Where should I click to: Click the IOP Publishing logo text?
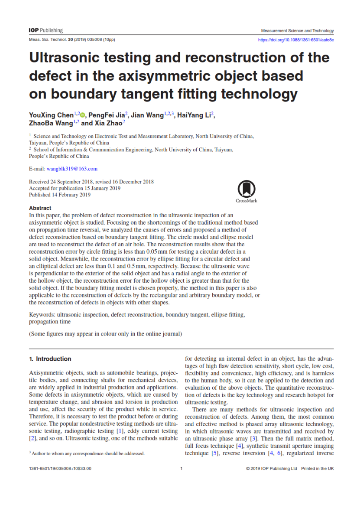[x=46, y=30]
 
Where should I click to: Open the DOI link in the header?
[x=295, y=40]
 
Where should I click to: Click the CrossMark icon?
[x=246, y=190]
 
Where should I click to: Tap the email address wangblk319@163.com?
[x=72, y=169]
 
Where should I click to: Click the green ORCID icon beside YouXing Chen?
[x=83, y=115]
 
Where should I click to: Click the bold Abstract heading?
[x=40, y=208]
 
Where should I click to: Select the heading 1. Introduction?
[x=50, y=359]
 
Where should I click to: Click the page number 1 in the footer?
[x=181, y=469]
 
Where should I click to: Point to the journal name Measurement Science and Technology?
[x=297, y=31]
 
